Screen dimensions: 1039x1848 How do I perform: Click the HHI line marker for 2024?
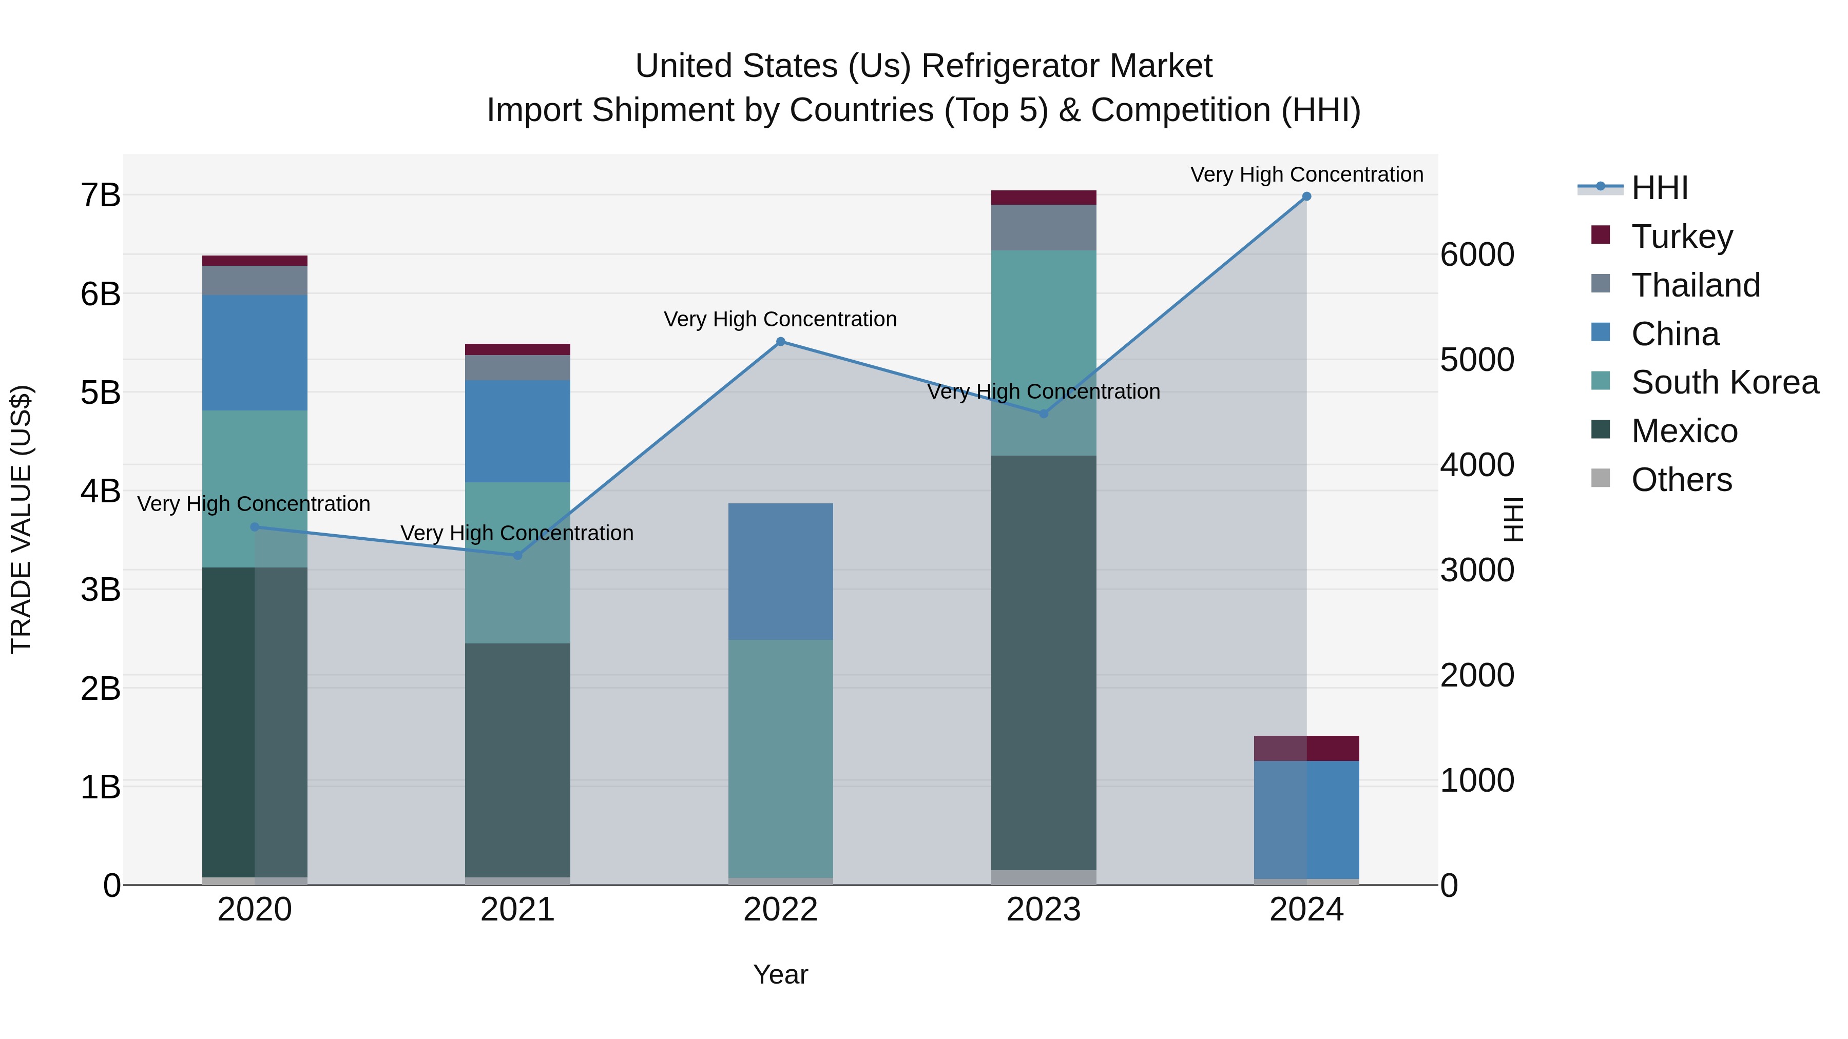[1306, 197]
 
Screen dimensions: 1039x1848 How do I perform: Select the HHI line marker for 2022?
[780, 342]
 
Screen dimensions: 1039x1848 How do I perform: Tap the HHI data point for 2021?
[517, 555]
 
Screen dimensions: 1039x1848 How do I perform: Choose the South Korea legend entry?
[1724, 382]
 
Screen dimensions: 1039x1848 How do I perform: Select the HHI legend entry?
[1659, 188]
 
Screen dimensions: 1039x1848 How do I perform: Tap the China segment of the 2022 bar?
[780, 572]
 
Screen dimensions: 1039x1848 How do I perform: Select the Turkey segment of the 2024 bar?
[1306, 748]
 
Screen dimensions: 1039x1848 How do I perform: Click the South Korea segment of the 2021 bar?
[517, 562]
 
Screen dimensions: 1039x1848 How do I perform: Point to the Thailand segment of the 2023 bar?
[1043, 227]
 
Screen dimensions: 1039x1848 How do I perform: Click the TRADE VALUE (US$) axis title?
[21, 519]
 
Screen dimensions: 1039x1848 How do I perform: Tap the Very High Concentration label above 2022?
[780, 319]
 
